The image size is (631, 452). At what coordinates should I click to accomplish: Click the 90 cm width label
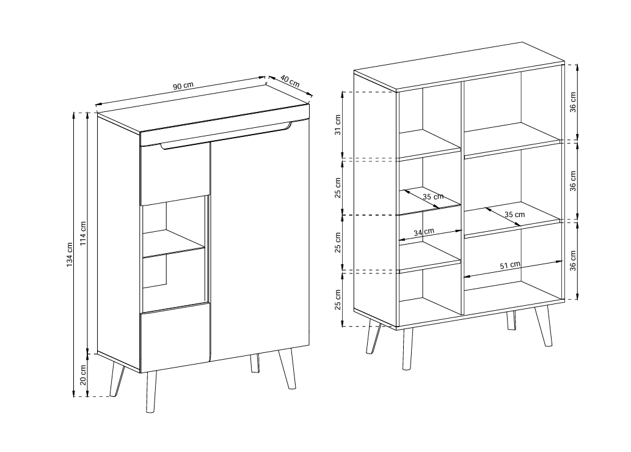tap(183, 86)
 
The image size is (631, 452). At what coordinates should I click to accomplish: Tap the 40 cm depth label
tap(290, 81)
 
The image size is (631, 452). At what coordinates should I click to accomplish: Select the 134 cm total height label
tap(70, 254)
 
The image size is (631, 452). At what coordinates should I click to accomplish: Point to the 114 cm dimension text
tap(83, 233)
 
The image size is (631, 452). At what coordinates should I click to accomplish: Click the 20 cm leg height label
tap(83, 375)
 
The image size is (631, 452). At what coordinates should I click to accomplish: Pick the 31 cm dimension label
tap(338, 125)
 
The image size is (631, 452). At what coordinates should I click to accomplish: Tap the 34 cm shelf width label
tap(424, 232)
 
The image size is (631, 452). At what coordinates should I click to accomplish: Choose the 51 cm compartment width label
tap(510, 265)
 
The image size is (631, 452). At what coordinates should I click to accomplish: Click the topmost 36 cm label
tap(572, 102)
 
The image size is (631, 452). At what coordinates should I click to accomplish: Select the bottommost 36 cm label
tap(572, 260)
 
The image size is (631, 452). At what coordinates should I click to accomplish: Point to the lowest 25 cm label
tap(338, 299)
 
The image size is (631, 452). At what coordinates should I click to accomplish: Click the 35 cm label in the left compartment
tap(433, 196)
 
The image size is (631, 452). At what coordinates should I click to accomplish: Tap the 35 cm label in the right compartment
tap(515, 214)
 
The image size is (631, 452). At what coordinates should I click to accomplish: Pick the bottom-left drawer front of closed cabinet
tap(175, 337)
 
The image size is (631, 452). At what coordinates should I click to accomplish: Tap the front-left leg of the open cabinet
tap(407, 349)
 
